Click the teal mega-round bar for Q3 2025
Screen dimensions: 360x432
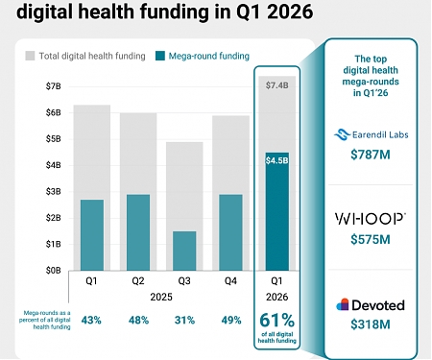(185, 251)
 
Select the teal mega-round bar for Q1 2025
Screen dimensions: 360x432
(92, 235)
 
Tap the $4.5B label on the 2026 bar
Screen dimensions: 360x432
(276, 159)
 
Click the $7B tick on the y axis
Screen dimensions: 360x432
(52, 87)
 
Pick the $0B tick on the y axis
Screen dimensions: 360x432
(52, 271)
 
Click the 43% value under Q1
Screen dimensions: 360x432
(92, 319)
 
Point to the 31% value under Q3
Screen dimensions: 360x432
(185, 319)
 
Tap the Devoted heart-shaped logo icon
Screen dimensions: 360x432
(343, 305)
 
